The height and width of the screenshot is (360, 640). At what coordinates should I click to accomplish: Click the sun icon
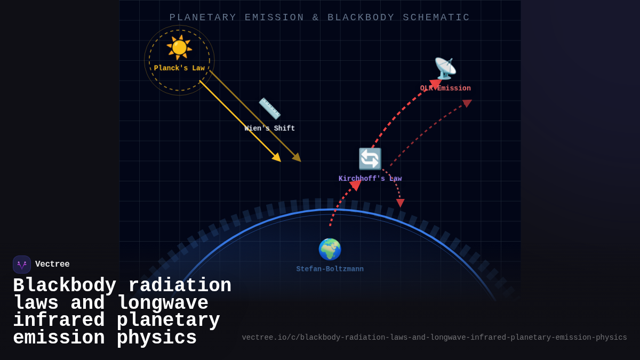click(x=179, y=47)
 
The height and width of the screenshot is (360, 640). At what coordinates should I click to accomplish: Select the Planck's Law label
click(x=179, y=68)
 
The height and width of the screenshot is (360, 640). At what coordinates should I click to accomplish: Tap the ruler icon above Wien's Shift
click(x=269, y=108)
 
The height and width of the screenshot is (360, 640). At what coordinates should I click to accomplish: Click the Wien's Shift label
click(x=269, y=129)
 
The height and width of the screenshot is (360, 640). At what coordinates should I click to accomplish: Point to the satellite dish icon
click(x=445, y=68)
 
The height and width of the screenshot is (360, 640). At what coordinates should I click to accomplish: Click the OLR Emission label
click(x=445, y=89)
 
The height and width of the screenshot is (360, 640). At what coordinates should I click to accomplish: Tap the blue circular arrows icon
click(x=370, y=159)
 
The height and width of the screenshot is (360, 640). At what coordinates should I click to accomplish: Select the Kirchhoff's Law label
click(x=370, y=179)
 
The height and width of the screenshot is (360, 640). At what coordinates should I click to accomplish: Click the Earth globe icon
click(x=330, y=249)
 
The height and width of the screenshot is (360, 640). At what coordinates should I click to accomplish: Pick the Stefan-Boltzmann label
click(x=330, y=269)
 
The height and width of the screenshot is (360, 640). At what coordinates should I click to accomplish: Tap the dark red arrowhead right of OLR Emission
click(x=467, y=102)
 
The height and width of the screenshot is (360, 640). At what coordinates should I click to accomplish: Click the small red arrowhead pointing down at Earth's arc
click(x=400, y=203)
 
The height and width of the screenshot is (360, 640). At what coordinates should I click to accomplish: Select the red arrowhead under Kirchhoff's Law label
click(x=355, y=185)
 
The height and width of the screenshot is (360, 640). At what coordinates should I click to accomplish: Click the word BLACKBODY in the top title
click(x=361, y=18)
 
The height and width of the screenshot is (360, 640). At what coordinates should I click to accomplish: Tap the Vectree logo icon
click(x=22, y=265)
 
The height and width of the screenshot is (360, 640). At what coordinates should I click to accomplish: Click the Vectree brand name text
click(x=52, y=265)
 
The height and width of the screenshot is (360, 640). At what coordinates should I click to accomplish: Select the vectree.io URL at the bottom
click(x=434, y=338)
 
